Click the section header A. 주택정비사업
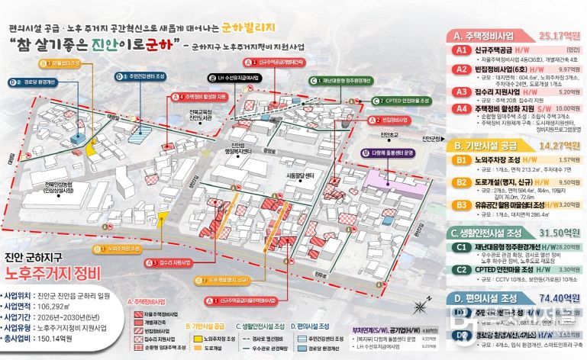[485, 35]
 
